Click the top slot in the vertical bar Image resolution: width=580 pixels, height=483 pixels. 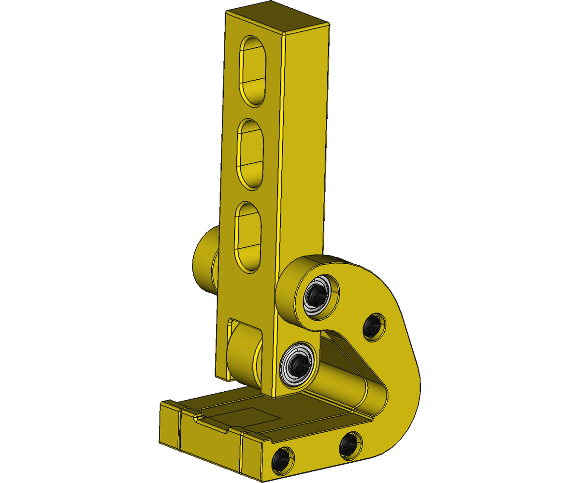pos(253,71)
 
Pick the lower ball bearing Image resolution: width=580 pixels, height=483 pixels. pos(297,365)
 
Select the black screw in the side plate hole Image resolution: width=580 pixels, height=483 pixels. pos(374,327)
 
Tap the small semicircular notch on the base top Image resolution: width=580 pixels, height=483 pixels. pos(198,416)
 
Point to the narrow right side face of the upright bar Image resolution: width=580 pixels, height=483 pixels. pos(305,145)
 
